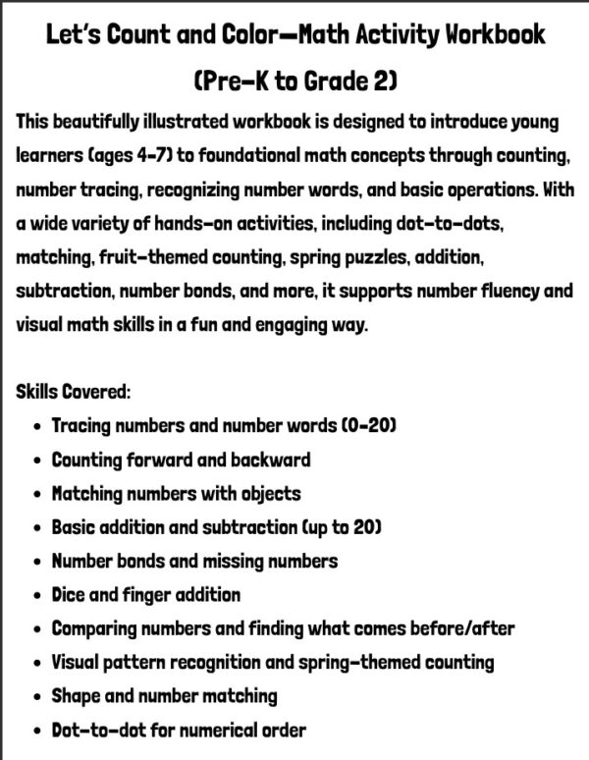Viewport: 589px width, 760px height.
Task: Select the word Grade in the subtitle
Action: coord(323,83)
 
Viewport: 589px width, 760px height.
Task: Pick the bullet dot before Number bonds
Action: coord(37,562)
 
